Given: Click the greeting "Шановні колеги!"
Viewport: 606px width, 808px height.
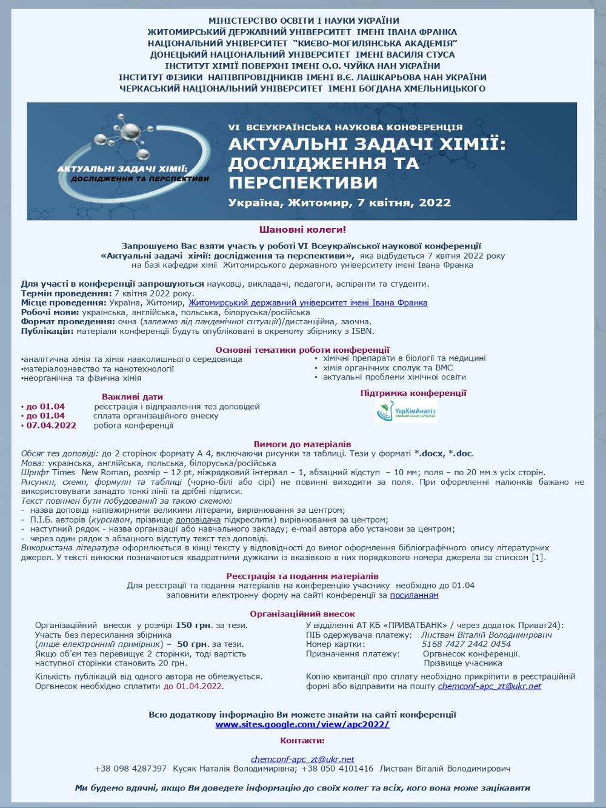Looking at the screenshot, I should pos(302,230).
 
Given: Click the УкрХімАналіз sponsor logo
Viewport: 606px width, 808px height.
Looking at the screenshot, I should pos(406,411).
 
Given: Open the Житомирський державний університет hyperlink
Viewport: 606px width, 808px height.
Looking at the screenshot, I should pos(307,302).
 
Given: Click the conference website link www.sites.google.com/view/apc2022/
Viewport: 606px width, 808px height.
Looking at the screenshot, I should pos(302,724).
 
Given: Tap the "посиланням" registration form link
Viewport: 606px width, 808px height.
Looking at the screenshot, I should pos(414,595).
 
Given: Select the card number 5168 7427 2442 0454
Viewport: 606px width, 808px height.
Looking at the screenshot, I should pos(466,644).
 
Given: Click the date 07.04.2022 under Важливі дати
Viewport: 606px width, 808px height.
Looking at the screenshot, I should pos(51,426).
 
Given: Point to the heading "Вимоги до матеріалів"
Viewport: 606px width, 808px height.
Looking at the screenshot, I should pos(302,444).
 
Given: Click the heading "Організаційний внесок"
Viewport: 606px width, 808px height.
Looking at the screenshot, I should pos(302,614).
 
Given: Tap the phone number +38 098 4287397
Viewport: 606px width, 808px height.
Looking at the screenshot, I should pos(130,769).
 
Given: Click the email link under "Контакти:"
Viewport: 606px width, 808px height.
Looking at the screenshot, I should pos(302,759).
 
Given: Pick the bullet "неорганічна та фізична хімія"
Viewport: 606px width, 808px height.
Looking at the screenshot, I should pos(82,378).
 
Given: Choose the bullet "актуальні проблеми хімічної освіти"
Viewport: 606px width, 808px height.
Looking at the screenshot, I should pos(394,377).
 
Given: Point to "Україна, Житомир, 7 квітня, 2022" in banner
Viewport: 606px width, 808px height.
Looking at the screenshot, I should pos(339,202).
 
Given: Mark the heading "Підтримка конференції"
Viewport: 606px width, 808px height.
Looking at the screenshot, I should pos(413,393).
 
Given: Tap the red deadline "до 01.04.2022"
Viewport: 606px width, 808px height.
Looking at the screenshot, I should pos(192,686).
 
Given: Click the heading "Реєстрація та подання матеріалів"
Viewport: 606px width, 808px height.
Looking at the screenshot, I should pos(302,576).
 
